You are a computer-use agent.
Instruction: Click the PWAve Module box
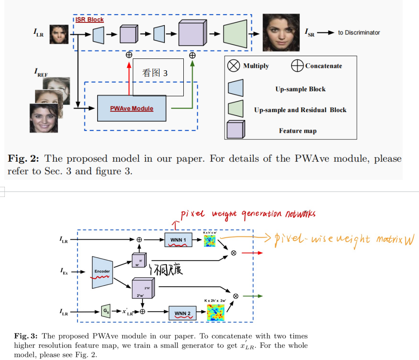click(x=131, y=108)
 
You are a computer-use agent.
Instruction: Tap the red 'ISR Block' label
click(x=89, y=20)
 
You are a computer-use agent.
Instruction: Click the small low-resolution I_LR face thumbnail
click(x=59, y=34)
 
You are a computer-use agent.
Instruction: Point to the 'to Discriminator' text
click(x=359, y=33)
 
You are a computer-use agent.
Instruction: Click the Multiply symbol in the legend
click(x=233, y=66)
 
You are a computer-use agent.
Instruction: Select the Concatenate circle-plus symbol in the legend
click(x=298, y=66)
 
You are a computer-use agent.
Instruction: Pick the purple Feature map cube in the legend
click(x=236, y=130)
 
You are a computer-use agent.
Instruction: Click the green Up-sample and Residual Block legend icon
click(x=235, y=109)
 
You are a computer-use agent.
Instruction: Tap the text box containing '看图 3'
click(x=158, y=77)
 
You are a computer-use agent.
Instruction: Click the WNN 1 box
click(x=179, y=240)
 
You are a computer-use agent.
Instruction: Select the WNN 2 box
click(x=182, y=313)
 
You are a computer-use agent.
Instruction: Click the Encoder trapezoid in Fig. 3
click(x=102, y=272)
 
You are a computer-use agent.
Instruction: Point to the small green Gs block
click(x=105, y=311)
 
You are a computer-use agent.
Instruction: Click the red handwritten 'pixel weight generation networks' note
click(x=248, y=214)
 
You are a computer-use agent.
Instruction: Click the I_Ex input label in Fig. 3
click(x=64, y=272)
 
